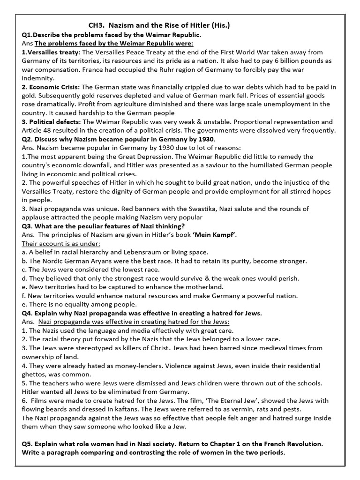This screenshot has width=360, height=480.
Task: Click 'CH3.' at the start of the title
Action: pyautogui.click(x=97, y=26)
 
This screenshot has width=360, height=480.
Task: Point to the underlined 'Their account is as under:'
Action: pyautogui.click(x=61, y=244)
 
